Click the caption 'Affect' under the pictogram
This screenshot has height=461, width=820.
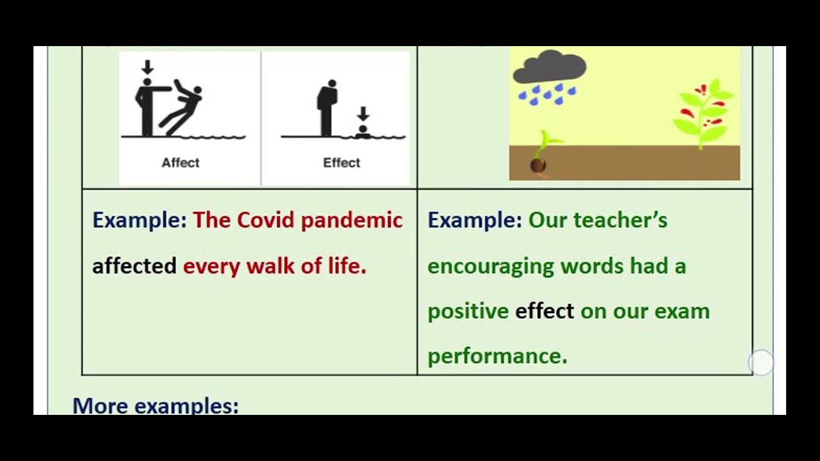tap(180, 163)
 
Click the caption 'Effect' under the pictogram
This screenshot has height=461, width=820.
tap(341, 163)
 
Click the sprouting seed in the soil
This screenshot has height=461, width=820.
tap(539, 164)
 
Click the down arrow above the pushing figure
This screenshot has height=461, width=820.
tap(147, 67)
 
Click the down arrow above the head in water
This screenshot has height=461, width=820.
tap(363, 114)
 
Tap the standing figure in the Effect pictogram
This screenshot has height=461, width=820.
tap(328, 108)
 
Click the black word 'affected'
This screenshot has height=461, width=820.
tap(134, 266)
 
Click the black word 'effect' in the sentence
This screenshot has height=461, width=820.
tap(545, 311)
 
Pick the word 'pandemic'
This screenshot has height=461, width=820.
tap(352, 220)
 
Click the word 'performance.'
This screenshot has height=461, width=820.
tap(497, 356)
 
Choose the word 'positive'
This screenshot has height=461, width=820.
tap(468, 311)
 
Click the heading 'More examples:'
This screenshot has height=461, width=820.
tap(155, 406)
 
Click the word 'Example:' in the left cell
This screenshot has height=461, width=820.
tap(140, 220)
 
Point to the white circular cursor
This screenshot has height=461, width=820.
tap(761, 363)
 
